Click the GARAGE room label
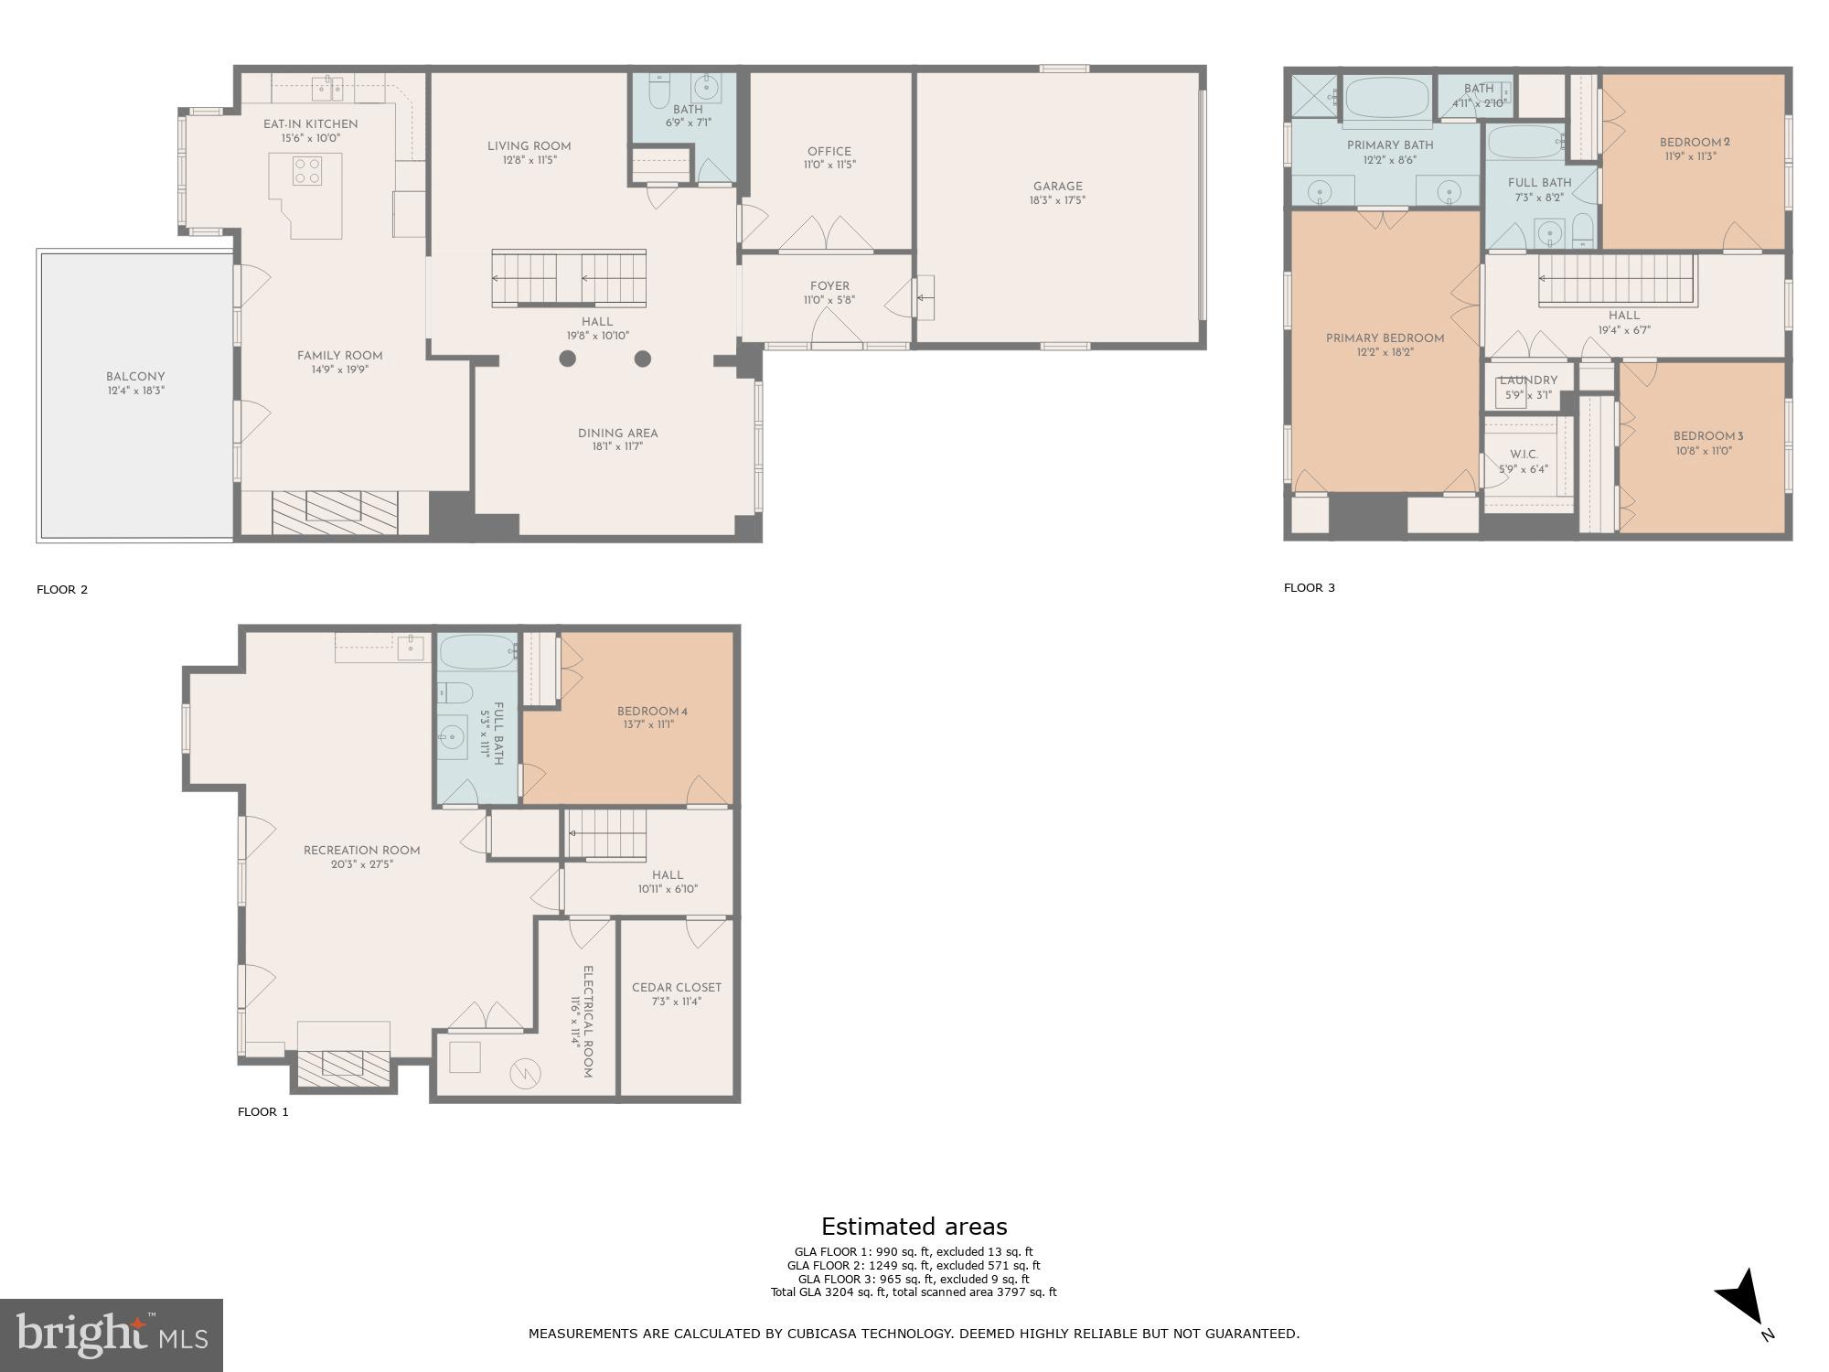[1057, 186]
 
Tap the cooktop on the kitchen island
[306, 171]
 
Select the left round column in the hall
[567, 359]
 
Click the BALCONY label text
[135, 376]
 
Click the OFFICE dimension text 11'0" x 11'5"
[829, 166]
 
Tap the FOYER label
[829, 286]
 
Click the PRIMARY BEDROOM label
[1385, 338]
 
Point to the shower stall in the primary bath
[1313, 95]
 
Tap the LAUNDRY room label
[1528, 381]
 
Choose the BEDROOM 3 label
[1702, 436]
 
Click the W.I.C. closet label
[1524, 455]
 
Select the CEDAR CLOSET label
[676, 987]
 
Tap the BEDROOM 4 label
[651, 712]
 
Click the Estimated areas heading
[914, 1227]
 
